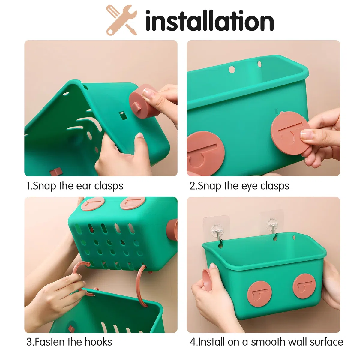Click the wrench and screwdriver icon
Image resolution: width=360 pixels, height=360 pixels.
pos(121,20)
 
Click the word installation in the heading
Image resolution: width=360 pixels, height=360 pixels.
pos(209,21)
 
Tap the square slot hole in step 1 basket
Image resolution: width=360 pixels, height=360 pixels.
pos(123,115)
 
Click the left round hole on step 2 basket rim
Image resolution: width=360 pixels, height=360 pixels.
pos(232,70)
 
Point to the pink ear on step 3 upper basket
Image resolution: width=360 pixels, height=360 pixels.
pos(172,230)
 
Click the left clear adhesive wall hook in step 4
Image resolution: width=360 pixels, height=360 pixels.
pos(216,230)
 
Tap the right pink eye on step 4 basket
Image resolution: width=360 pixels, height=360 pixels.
pos(304,286)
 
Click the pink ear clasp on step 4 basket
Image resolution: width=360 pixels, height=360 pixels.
pos(208,280)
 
